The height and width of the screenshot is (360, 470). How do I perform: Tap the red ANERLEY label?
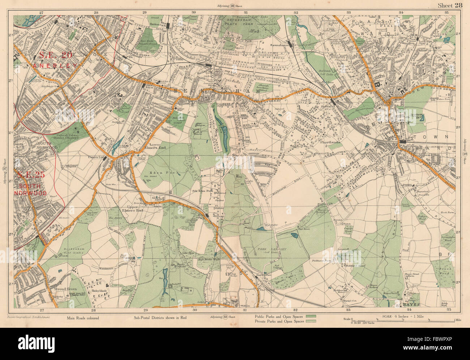[x=55, y=65]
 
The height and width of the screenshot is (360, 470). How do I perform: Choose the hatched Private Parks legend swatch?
[x=311, y=321]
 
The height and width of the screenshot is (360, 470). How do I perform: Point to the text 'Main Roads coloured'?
[x=83, y=318]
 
